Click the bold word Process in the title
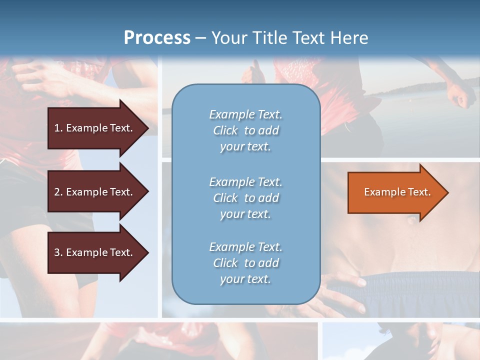[x=157, y=38]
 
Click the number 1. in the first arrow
[x=58, y=128]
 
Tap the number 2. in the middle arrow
[x=58, y=192]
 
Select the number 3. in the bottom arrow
[x=58, y=252]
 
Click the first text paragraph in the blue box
[x=245, y=130]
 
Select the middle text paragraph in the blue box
[x=245, y=198]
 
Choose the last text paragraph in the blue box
[x=245, y=263]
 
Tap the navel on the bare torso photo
[x=411, y=218]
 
